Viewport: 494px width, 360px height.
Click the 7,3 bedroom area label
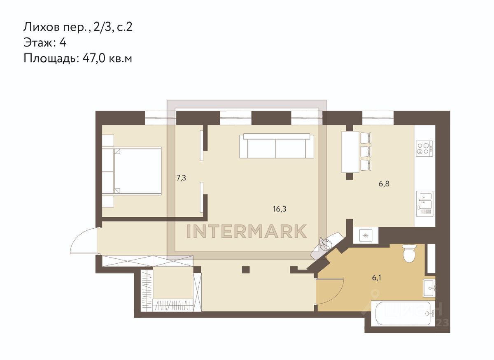181,178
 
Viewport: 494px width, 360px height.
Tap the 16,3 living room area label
280,209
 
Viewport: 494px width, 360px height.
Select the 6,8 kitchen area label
384,183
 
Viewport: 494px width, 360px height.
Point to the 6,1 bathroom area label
377,278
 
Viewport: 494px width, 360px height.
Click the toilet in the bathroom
409,253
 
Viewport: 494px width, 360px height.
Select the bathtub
403,313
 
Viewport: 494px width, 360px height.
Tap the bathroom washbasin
429,288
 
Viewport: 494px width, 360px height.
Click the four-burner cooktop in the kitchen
424,149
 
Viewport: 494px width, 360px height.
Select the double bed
137,171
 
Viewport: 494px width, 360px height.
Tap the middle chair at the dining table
366,152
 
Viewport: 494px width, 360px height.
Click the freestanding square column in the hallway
246,270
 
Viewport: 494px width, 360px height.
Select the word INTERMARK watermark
247,231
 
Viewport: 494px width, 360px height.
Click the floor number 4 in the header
63,43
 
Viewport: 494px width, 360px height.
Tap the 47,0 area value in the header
94,58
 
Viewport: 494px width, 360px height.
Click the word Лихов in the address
42,27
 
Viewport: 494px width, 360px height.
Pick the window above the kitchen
378,118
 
